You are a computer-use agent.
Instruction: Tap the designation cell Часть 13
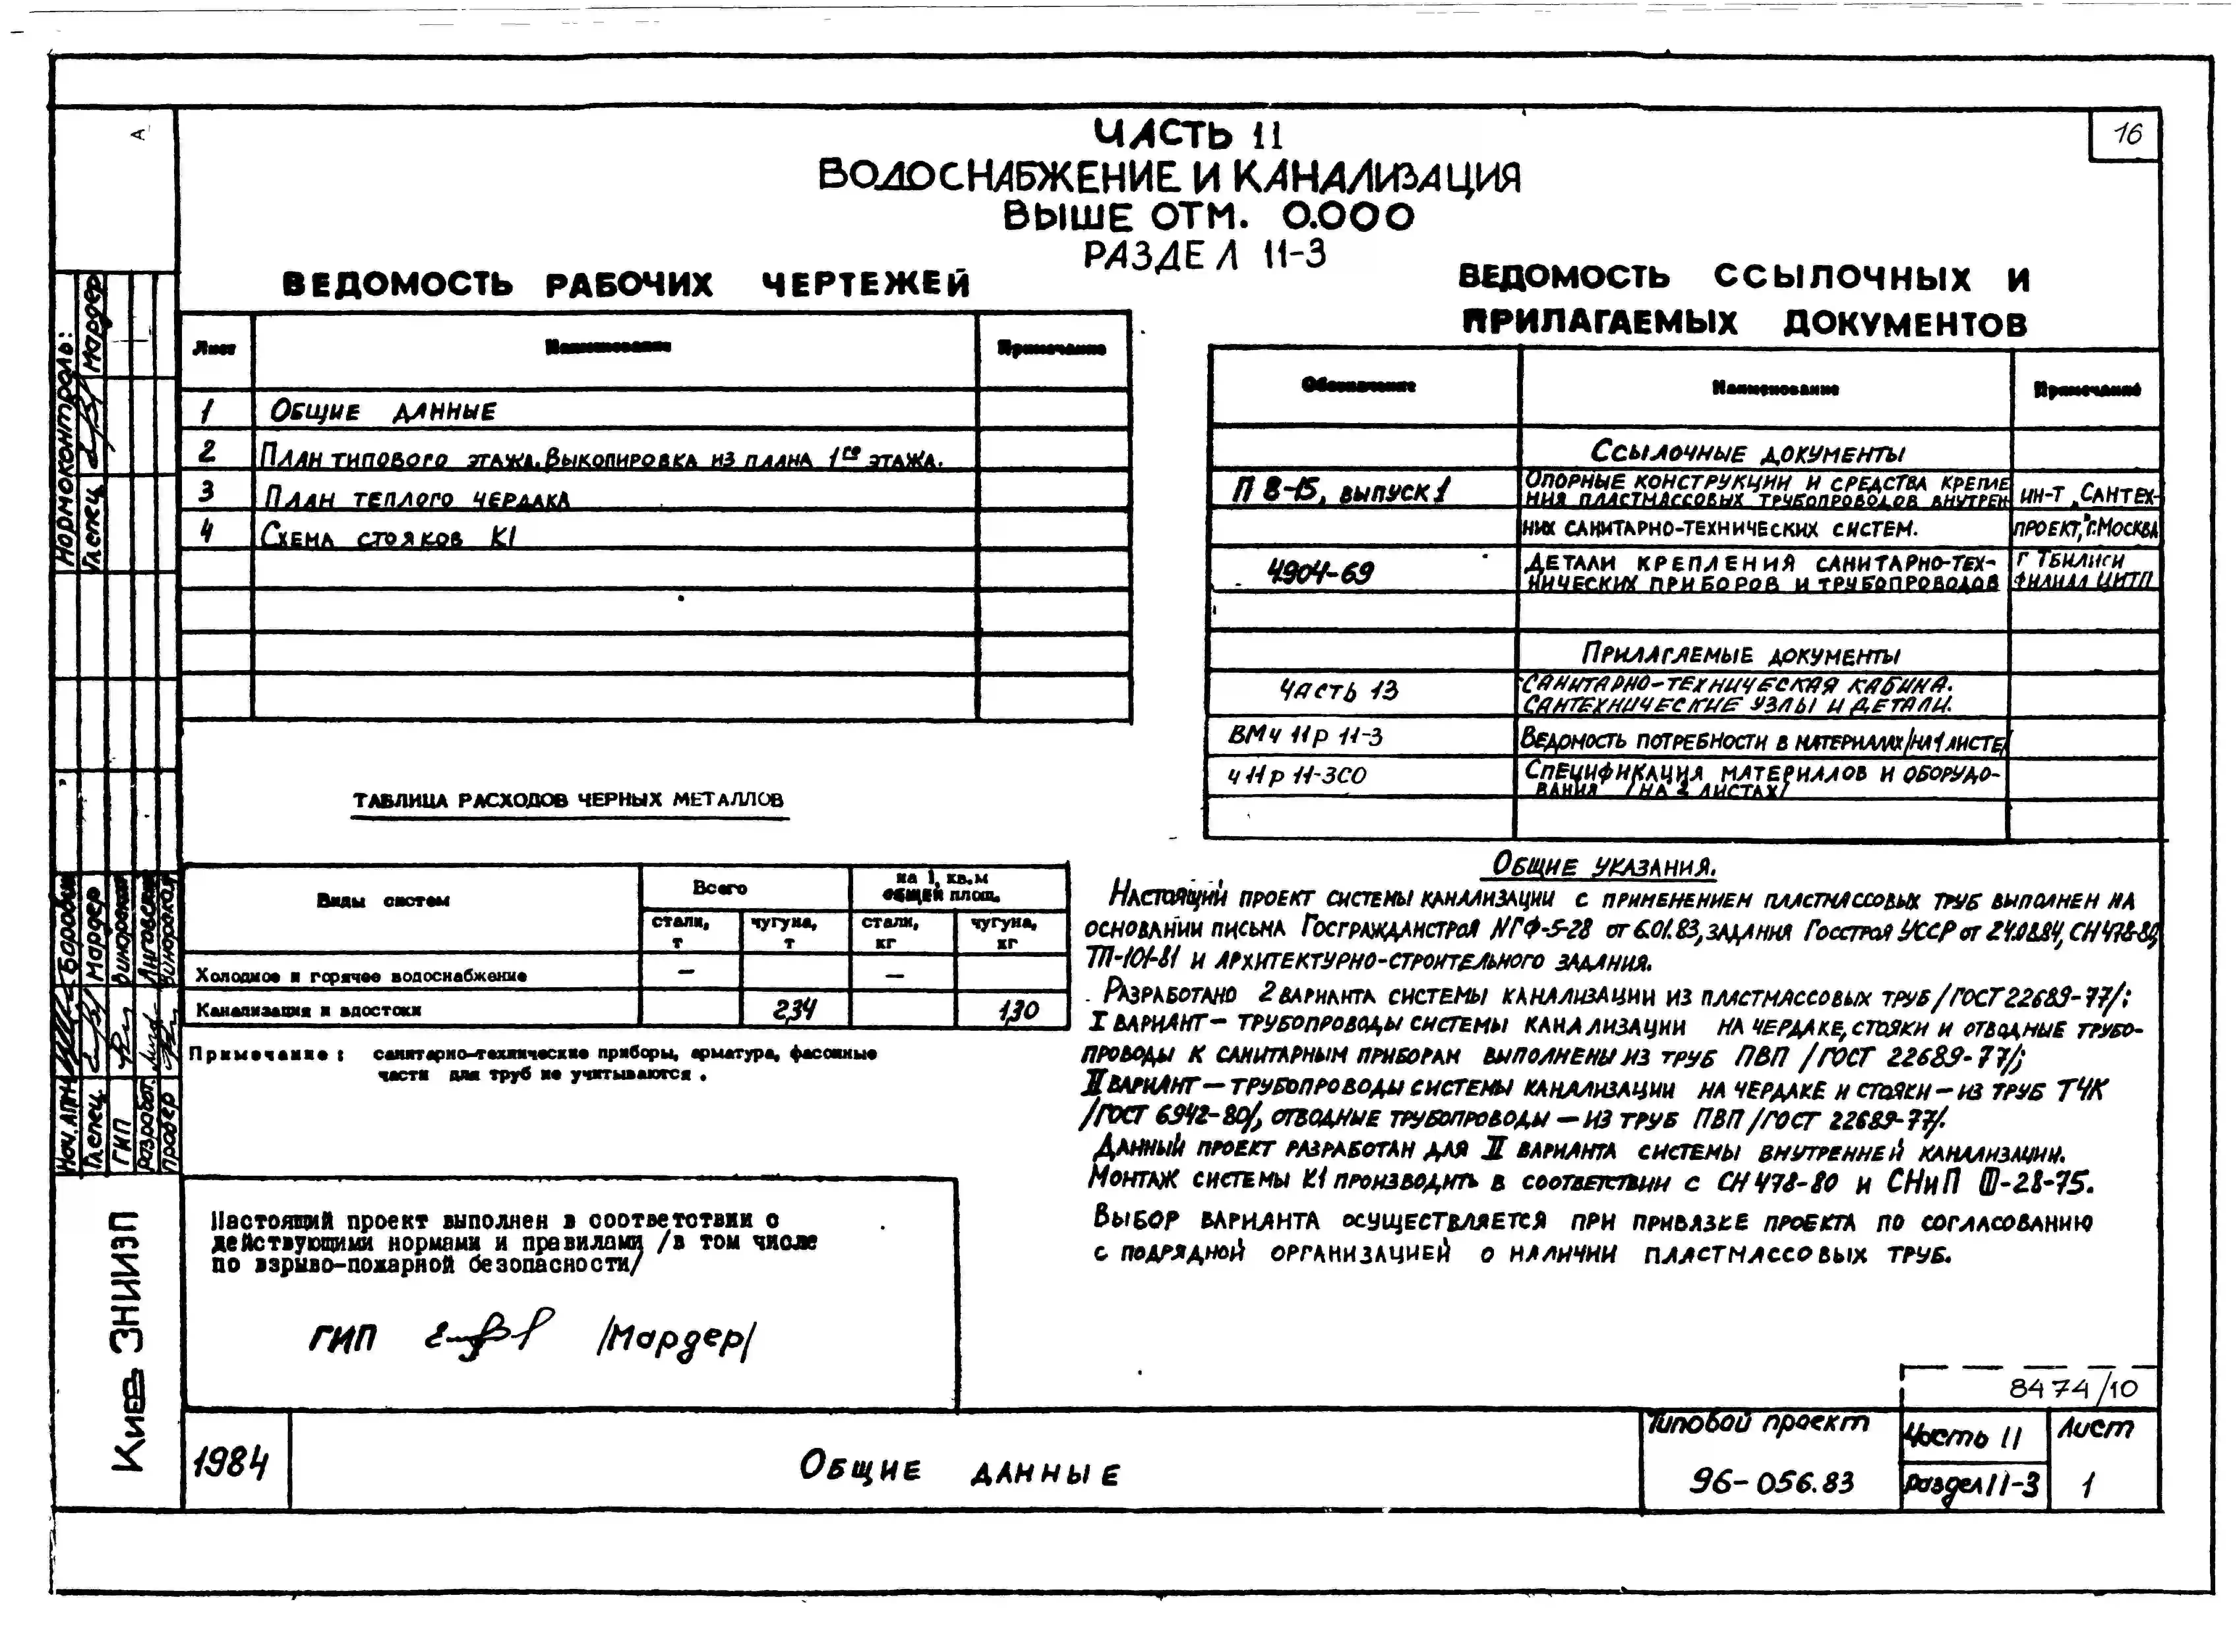click(1338, 690)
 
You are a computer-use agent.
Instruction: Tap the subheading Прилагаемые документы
click(1741, 654)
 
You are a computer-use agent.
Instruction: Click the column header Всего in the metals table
click(719, 887)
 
